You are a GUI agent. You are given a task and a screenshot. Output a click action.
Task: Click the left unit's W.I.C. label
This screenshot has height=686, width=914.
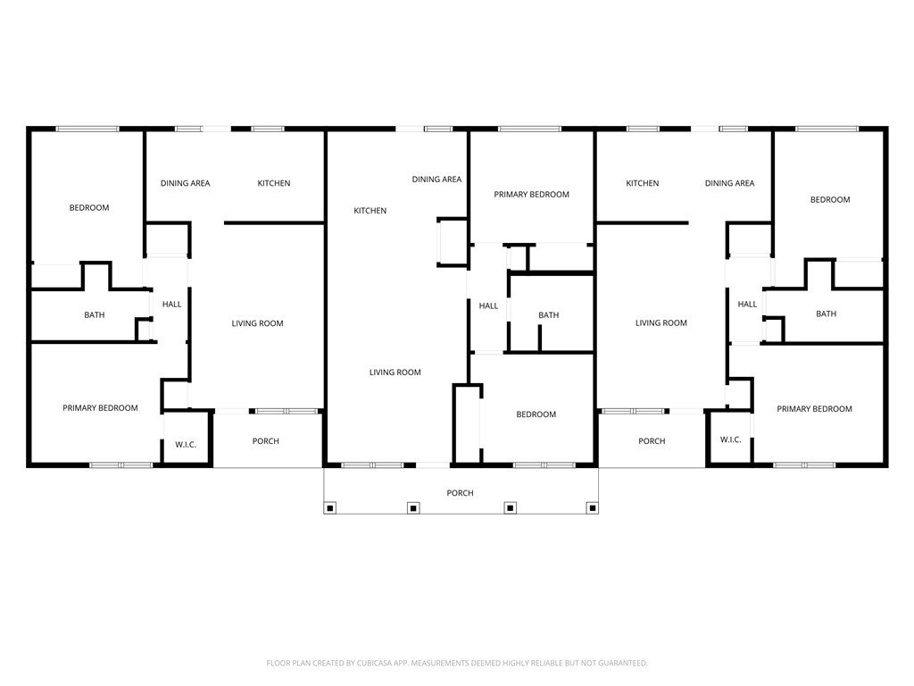point(186,445)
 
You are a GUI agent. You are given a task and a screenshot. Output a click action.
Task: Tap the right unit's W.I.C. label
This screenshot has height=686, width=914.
point(730,439)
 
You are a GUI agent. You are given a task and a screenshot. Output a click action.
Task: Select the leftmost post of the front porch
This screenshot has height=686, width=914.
point(330,508)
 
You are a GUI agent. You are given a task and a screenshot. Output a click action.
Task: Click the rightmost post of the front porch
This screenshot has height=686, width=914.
point(593,508)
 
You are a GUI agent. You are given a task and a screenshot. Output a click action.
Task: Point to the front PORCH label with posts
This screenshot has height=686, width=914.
point(460,493)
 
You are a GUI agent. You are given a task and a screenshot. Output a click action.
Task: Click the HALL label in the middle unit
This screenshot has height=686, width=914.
point(488,305)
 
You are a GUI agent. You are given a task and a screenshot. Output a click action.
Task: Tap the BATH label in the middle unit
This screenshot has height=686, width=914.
point(549,315)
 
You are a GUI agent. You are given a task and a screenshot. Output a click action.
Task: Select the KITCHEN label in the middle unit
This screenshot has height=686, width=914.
point(370,211)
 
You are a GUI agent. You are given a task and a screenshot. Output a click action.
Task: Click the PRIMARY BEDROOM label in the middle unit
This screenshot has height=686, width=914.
point(532,194)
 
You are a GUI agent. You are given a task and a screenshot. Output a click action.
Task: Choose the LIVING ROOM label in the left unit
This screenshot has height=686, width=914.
point(258,323)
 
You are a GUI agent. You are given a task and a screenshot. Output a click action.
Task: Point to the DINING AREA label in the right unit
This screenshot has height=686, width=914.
point(730,183)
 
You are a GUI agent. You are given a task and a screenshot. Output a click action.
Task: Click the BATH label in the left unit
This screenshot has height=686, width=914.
point(95,315)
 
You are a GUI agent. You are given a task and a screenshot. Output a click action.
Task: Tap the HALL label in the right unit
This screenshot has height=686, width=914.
point(747,304)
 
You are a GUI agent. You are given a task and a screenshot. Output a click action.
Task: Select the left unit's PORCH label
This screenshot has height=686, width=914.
point(266,441)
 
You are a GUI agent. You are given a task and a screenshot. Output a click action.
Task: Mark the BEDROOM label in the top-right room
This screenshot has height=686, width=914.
point(830,199)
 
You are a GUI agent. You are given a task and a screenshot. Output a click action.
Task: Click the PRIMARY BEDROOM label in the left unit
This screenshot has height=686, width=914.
point(100,407)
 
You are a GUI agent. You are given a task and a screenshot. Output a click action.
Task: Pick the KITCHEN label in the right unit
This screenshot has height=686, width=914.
point(643,183)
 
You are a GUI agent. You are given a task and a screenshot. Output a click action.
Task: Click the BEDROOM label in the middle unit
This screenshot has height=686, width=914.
point(536,414)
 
